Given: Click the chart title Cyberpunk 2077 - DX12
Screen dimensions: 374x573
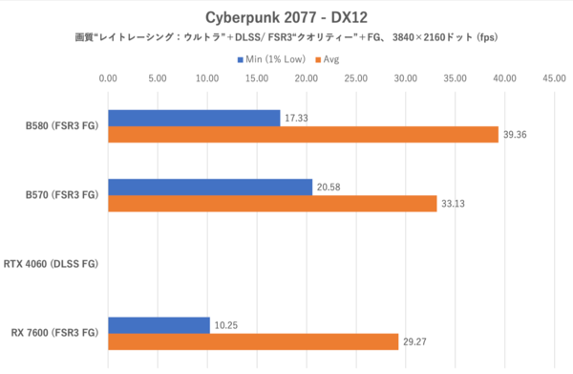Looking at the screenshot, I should (286, 18).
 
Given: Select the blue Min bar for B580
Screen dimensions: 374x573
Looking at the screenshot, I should (194, 118).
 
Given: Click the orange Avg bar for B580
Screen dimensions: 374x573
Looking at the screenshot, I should (303, 135).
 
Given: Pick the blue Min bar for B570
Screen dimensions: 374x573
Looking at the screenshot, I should (210, 187).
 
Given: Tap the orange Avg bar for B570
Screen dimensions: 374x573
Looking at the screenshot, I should (272, 204).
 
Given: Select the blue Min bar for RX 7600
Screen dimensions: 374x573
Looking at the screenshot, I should (159, 325).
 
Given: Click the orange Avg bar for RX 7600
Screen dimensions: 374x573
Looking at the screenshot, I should (253, 342).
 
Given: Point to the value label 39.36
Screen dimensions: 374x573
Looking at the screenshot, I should (517, 135).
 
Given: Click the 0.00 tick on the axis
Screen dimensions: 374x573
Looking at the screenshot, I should (108, 78).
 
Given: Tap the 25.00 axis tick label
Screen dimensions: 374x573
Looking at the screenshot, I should (356, 78).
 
